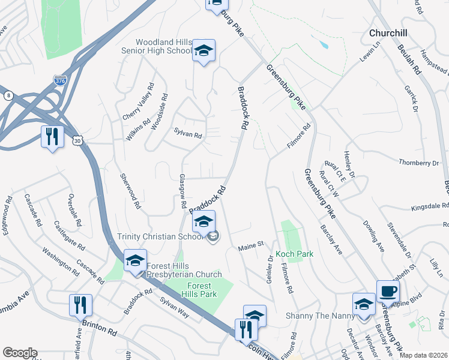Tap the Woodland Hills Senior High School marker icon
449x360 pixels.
point(203,52)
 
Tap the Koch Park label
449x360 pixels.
point(294,254)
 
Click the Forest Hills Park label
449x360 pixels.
point(202,290)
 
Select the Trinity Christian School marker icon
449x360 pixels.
point(203,223)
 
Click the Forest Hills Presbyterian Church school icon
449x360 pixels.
point(135,261)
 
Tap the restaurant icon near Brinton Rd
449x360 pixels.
point(80,305)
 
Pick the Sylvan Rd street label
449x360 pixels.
point(187,134)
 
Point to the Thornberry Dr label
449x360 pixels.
point(418,163)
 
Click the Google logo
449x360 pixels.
point(19,353)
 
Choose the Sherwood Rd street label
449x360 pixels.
point(130,191)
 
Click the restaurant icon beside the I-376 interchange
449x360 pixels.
point(52,136)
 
